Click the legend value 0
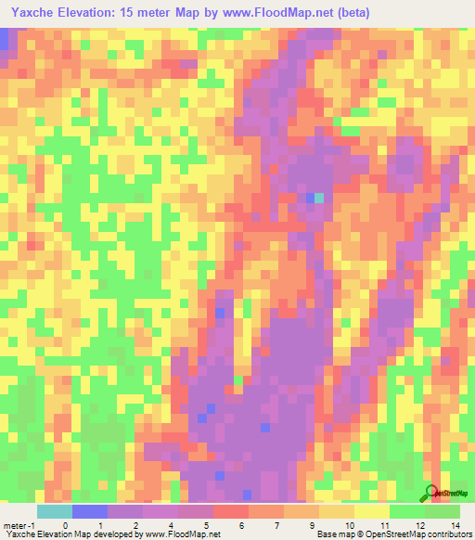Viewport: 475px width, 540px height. (65, 525)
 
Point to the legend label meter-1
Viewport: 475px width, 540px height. (18, 525)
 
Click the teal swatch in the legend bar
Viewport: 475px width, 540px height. (54, 511)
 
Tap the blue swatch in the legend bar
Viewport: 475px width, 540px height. (89, 511)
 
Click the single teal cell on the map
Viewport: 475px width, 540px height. (320, 198)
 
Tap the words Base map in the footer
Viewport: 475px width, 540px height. (333, 535)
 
